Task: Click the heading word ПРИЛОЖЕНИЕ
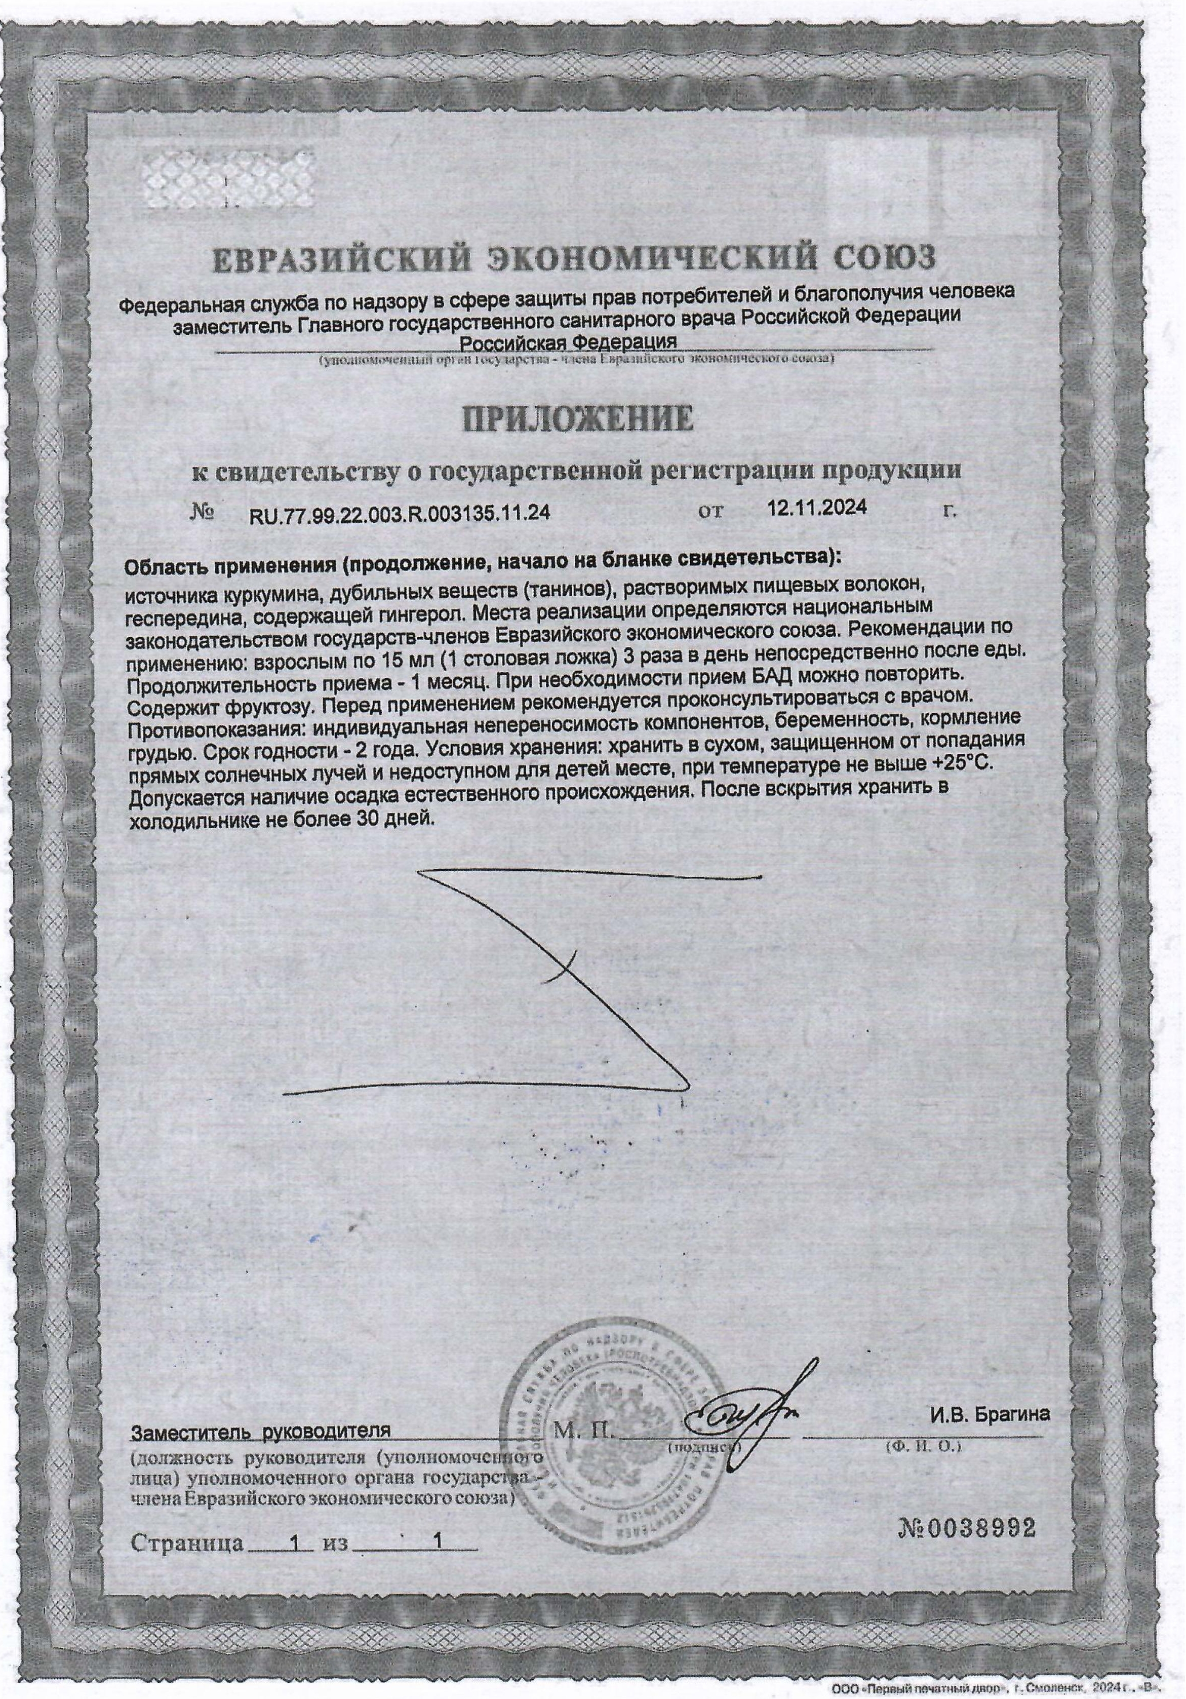[578, 419]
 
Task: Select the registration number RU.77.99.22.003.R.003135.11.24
[400, 513]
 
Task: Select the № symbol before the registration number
[202, 512]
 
